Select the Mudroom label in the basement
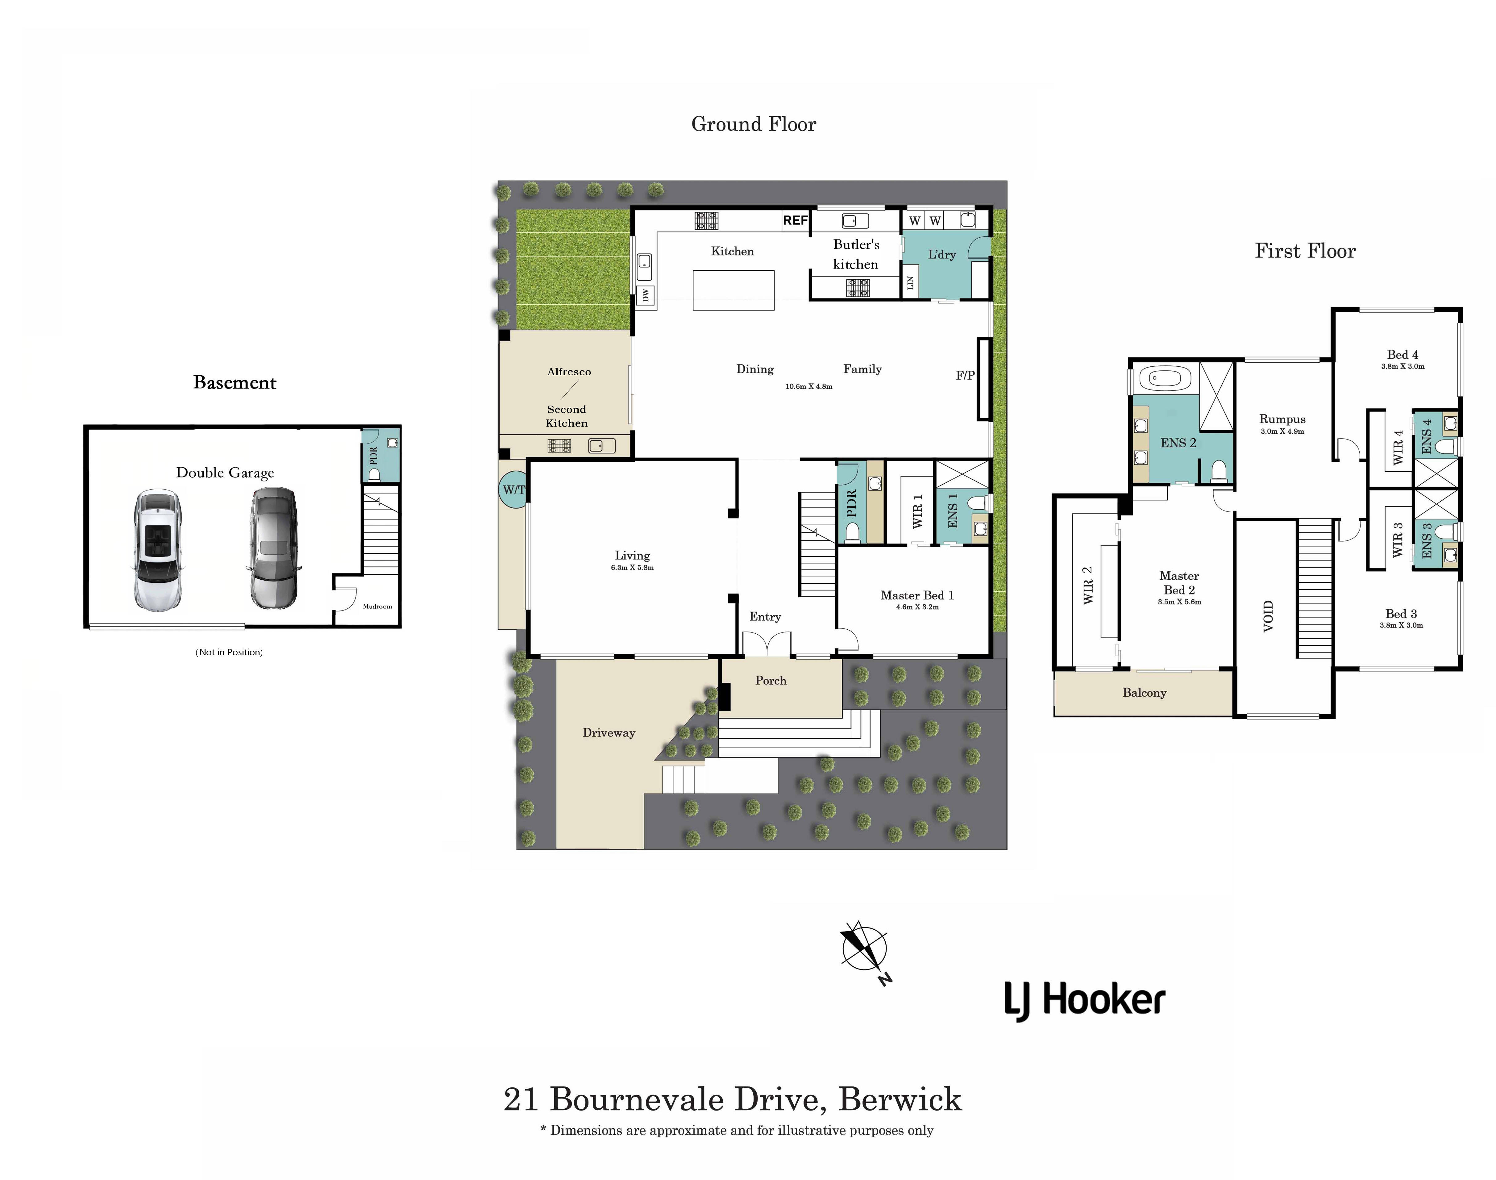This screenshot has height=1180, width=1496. point(377,607)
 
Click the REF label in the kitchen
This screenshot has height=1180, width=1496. point(795,220)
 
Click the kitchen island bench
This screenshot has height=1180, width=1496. point(733,290)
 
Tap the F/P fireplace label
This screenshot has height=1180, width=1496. point(965,375)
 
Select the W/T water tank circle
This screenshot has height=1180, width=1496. point(513,489)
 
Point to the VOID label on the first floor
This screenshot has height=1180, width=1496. point(1268,615)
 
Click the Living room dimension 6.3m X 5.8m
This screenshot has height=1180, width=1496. point(632,568)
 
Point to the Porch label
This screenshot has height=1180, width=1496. point(771,681)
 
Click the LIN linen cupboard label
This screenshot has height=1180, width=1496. point(910,282)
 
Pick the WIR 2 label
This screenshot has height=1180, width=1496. point(1088,585)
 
